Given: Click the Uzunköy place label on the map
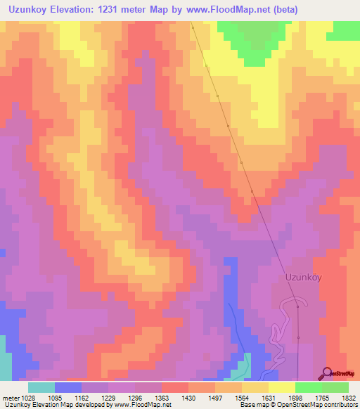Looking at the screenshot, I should [303, 277].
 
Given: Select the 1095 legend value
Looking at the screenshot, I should [62, 397].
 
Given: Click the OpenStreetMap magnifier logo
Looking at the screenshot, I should [326, 373].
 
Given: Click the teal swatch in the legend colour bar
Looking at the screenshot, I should [41, 387].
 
